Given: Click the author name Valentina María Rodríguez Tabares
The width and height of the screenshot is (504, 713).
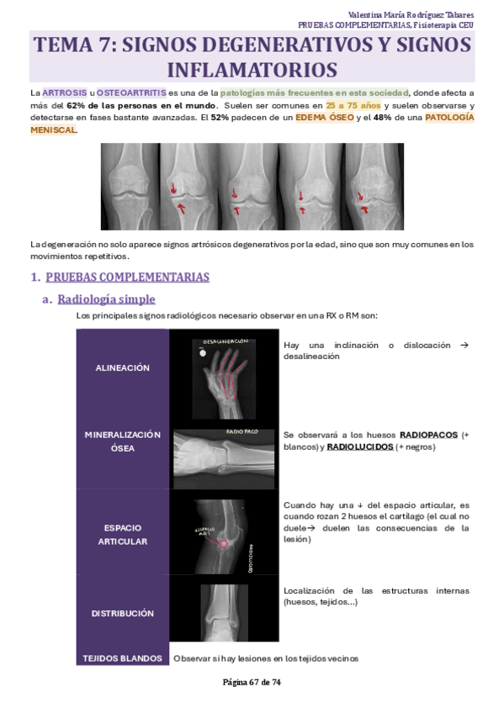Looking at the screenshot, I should coord(411,14).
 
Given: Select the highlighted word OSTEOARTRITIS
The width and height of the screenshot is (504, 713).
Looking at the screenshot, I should coord(131,92).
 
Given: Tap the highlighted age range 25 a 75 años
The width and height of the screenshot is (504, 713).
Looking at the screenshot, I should coord(353,106).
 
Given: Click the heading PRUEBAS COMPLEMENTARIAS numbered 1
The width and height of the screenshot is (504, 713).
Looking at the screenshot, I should coord(127,277).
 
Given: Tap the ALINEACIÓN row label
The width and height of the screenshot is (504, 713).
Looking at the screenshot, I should coord(123,368).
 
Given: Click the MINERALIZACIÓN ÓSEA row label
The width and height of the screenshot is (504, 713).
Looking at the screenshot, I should coord(123,441).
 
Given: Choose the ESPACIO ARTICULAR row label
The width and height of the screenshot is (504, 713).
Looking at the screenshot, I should coord(123,535).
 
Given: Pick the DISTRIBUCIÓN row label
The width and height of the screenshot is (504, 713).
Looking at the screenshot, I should coord(123,614).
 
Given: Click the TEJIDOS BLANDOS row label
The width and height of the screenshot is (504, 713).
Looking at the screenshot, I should coord(123,658).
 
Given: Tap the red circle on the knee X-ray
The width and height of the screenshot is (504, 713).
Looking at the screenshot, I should coord(224,544).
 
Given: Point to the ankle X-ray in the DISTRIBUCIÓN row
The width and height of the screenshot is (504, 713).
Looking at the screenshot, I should coord(224,613).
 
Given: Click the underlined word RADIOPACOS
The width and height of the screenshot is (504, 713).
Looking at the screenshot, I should coord(428,435).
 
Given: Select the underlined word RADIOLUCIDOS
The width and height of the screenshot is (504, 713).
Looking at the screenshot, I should coord(359,447).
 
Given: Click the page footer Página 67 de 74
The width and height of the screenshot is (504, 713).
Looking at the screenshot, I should coord(252,682).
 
